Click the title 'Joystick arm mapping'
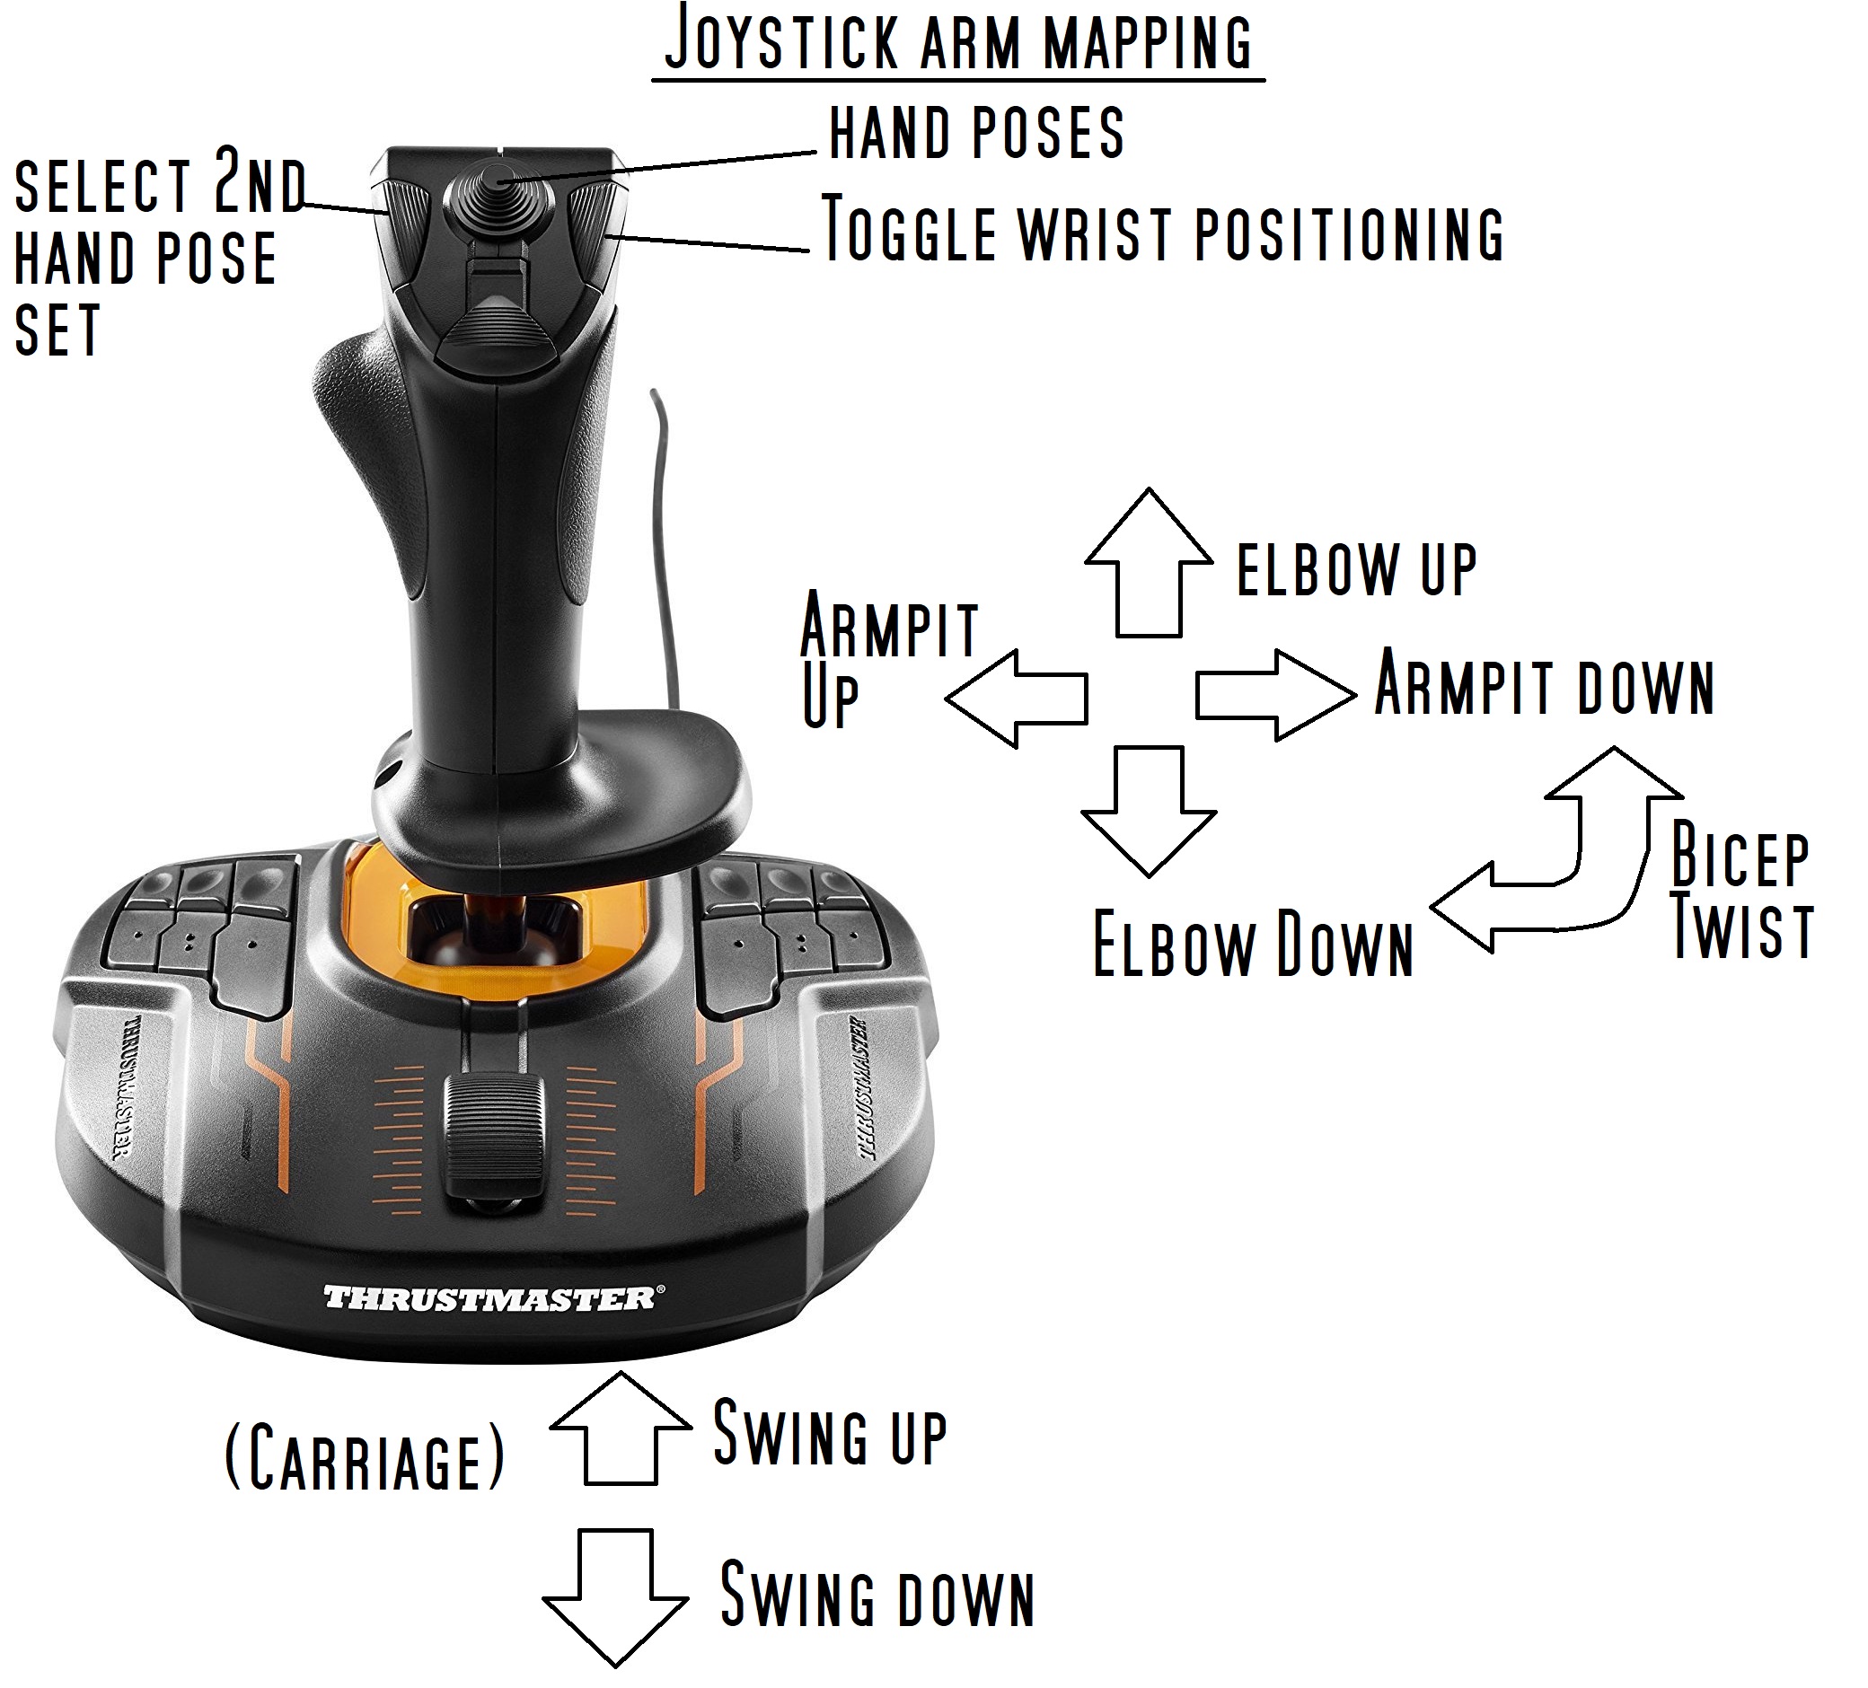pyautogui.click(x=958, y=41)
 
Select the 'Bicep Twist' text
pyautogui.click(x=1740, y=892)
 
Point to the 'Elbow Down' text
pyautogui.click(x=1253, y=944)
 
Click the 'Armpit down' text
pyautogui.click(x=1544, y=685)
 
